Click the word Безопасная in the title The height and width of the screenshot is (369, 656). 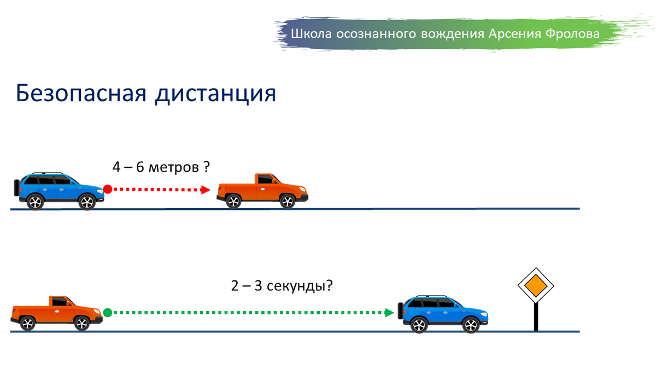tap(79, 93)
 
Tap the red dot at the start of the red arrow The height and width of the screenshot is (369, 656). tap(108, 189)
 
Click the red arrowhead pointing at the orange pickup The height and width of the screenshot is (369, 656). tap(206, 190)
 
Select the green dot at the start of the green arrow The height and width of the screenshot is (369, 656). tap(108, 313)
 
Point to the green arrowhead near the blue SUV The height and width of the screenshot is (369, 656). tap(389, 313)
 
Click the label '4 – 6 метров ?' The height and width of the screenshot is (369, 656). tap(161, 167)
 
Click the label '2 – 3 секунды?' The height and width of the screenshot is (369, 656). tap(282, 285)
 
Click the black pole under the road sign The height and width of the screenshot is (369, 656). tap(536, 317)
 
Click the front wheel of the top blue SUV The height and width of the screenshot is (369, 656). tap(87, 202)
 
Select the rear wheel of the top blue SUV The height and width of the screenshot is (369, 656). tap(35, 202)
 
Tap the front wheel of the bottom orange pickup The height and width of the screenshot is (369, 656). tap(81, 324)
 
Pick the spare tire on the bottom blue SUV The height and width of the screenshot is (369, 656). tap(401, 311)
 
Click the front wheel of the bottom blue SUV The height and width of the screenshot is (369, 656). tap(470, 325)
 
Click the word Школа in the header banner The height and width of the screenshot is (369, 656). tap(308, 34)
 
